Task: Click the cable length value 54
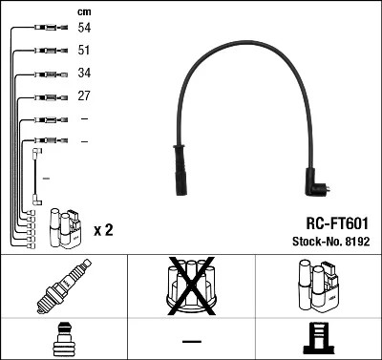84,30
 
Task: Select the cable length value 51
84,51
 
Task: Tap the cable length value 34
84,74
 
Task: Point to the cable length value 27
84,96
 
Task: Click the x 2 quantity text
104,230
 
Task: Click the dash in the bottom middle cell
191,340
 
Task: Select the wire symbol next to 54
47,30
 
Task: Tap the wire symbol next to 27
47,96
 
